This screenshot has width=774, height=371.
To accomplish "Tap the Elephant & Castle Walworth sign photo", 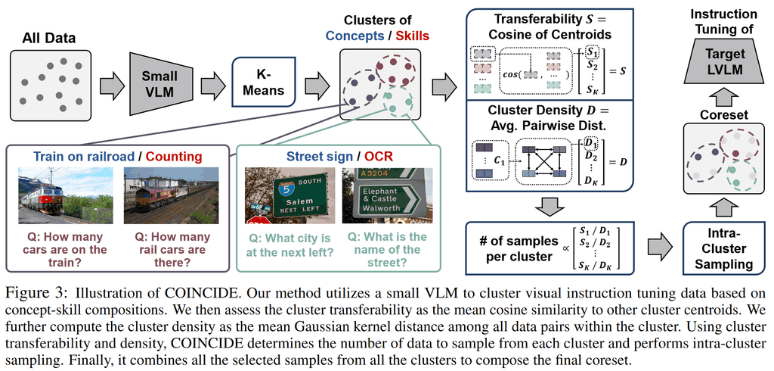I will click(384, 196).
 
